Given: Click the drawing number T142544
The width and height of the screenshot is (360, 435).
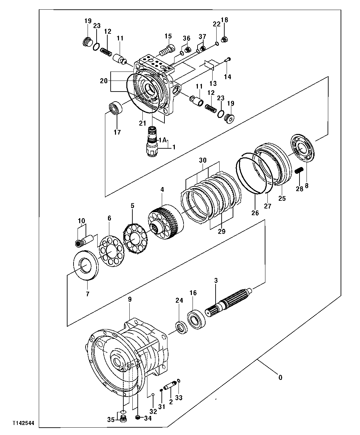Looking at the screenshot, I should pyautogui.click(x=24, y=423).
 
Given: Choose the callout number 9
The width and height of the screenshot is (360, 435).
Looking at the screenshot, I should pyautogui.click(x=130, y=299).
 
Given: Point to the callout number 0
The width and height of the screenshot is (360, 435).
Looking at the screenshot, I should pyautogui.click(x=280, y=378).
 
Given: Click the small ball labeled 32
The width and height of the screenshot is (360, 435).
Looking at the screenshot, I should pyautogui.click(x=152, y=395).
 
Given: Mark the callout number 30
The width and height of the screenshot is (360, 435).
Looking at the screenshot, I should pyautogui.click(x=203, y=160).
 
